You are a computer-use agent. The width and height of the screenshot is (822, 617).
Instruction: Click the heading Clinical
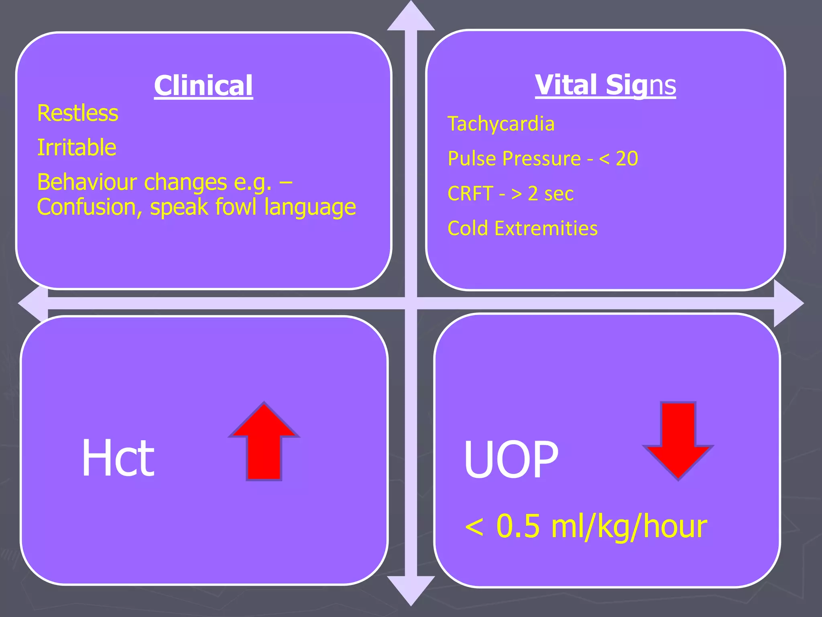click(x=203, y=86)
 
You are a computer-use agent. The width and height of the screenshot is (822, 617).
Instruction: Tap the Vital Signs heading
click(x=605, y=85)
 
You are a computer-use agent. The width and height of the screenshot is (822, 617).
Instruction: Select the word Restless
click(x=78, y=113)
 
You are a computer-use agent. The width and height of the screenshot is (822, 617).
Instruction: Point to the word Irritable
click(x=77, y=147)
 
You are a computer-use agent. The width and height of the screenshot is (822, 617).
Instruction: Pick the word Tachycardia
click(x=501, y=124)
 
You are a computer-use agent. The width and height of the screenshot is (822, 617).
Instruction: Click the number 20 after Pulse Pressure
click(x=627, y=159)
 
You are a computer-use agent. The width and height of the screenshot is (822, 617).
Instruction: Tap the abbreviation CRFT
click(x=470, y=194)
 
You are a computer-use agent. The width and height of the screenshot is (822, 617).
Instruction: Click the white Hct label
click(x=118, y=458)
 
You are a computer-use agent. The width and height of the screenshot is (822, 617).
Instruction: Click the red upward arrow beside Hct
click(x=264, y=442)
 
